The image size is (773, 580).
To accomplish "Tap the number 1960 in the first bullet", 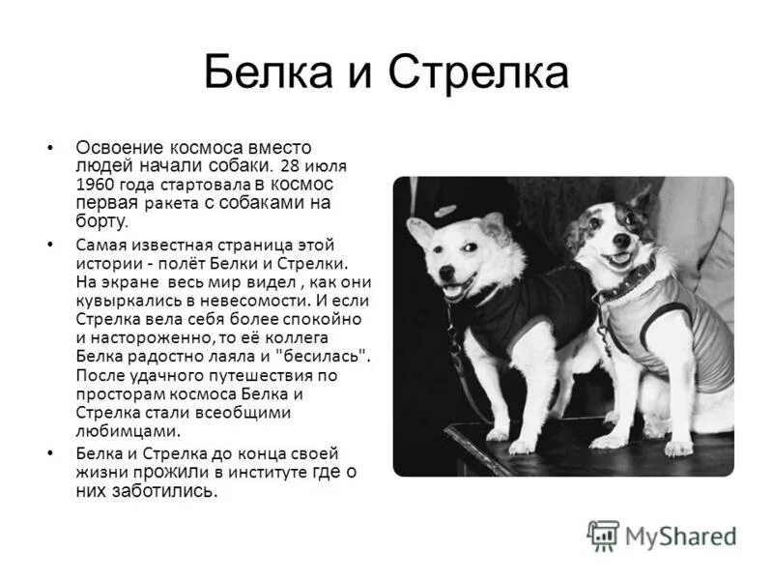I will [95, 183].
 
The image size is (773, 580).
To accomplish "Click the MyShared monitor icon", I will [603, 535].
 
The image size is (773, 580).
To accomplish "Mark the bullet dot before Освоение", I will [49, 148].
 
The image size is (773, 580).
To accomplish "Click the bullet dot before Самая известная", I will [49, 246].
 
